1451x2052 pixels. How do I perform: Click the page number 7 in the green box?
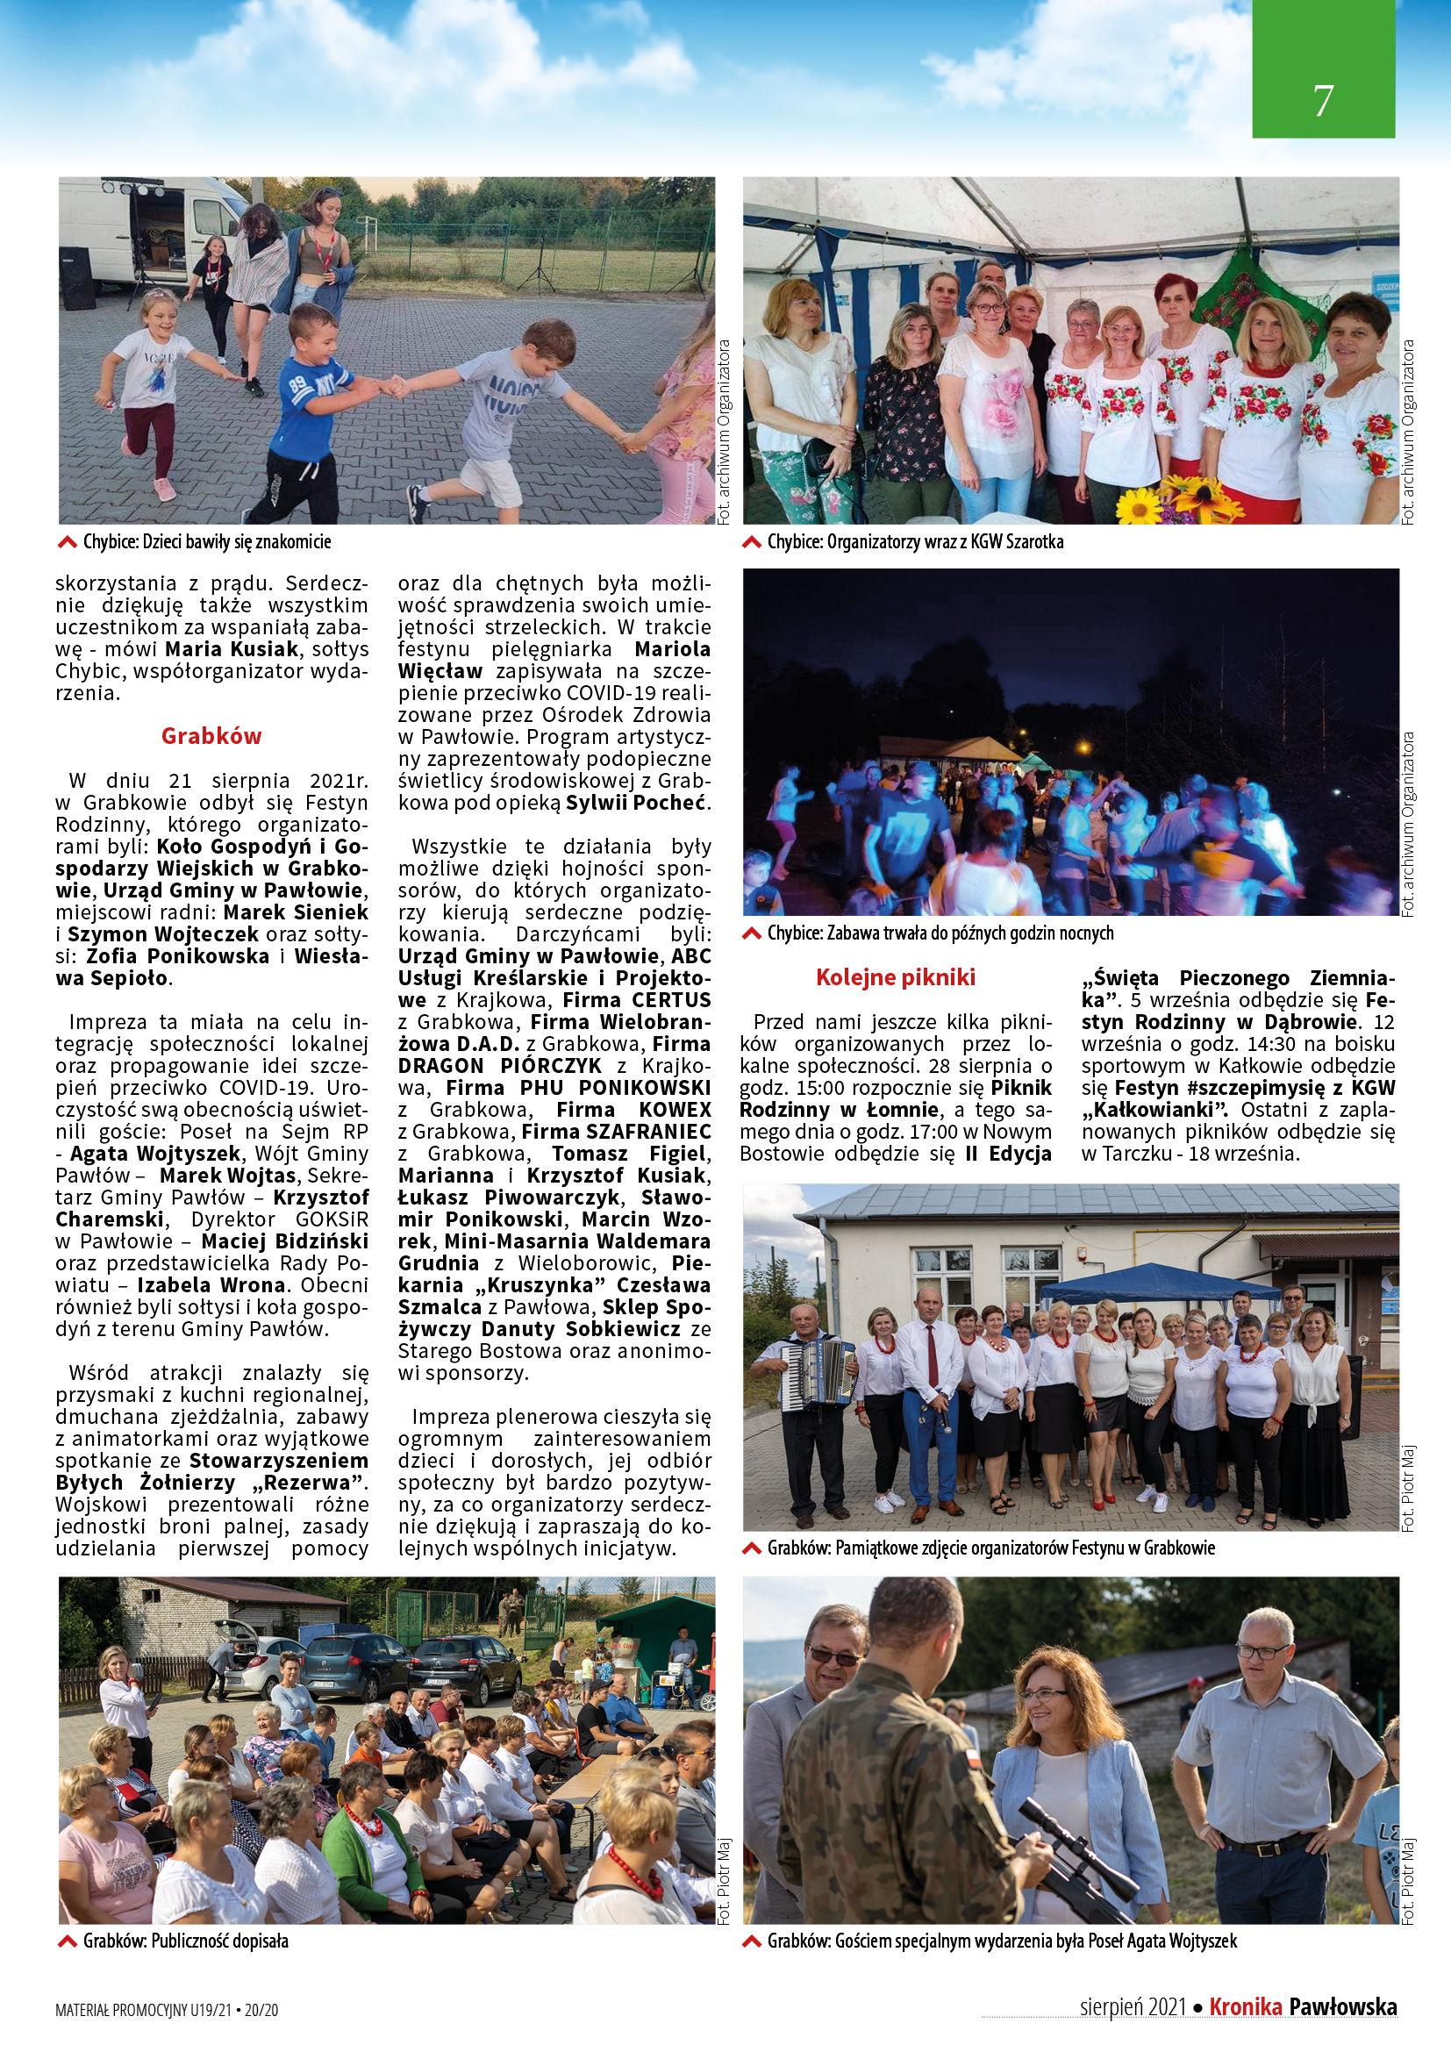pyautogui.click(x=1323, y=100)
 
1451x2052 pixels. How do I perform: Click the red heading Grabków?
pyautogui.click(x=211, y=735)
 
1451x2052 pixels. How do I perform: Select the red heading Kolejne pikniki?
pyautogui.click(x=896, y=976)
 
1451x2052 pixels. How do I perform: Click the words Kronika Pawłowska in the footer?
pyautogui.click(x=1303, y=2006)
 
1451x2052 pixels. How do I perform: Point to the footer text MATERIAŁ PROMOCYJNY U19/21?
pyautogui.click(x=143, y=2010)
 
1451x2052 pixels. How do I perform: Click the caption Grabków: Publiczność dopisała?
pyautogui.click(x=186, y=1941)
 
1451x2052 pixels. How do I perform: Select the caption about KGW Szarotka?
pyautogui.click(x=915, y=541)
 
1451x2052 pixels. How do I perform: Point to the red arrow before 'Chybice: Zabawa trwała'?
pyautogui.click(x=753, y=934)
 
